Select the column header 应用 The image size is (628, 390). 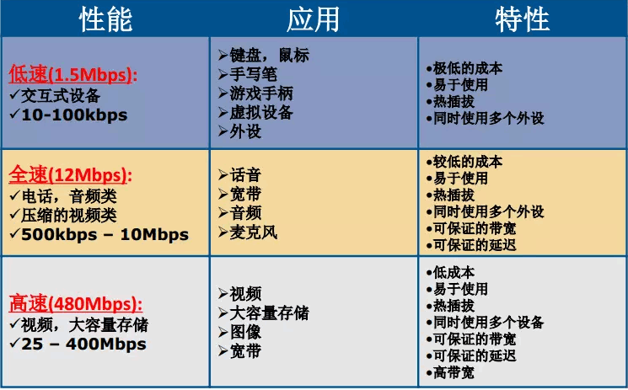pos(313,19)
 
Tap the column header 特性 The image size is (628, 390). pos(522,19)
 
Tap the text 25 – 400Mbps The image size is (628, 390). pos(83,344)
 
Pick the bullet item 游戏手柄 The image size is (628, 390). pos(260,93)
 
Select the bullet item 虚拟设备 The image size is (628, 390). pos(260,112)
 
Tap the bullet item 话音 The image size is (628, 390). pos(245,175)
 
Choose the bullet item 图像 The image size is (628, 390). pos(245,333)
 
